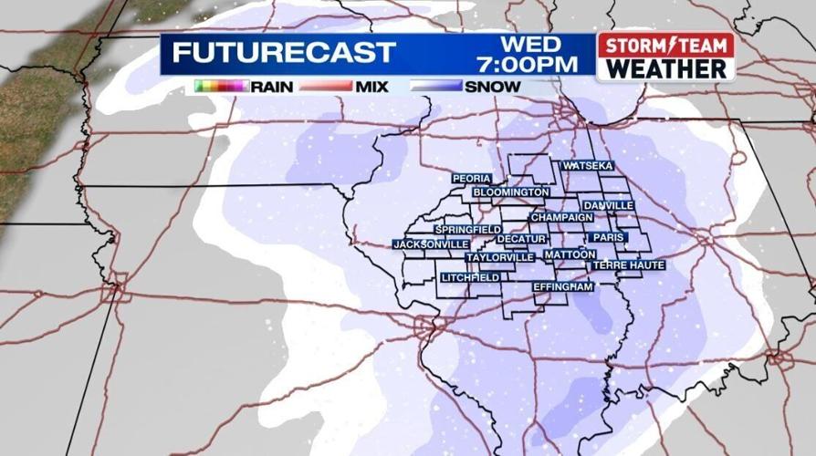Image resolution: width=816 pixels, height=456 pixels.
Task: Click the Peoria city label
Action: click(472, 178)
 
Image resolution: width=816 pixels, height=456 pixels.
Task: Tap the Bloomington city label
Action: click(511, 192)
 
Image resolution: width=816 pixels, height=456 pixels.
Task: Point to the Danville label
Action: click(608, 205)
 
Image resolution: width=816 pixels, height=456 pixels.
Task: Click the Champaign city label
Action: click(561, 218)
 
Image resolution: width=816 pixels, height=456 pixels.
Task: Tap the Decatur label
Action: click(521, 239)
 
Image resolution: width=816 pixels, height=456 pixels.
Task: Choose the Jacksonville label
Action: click(431, 244)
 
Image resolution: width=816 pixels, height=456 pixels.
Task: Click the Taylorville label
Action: click(499, 257)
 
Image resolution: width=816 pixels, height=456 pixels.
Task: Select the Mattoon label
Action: click(570, 254)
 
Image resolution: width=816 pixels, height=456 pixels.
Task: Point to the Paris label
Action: click(608, 237)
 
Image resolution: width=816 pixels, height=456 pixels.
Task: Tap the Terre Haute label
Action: click(629, 264)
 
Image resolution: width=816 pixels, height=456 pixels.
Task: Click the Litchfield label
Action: click(470, 276)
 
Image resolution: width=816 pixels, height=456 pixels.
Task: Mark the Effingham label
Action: click(563, 286)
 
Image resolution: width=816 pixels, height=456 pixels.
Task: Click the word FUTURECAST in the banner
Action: click(284, 53)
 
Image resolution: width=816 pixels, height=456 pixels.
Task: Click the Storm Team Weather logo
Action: click(665, 57)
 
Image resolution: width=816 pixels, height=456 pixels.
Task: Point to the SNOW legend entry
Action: click(493, 87)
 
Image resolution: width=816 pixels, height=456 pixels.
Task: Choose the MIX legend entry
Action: click(372, 87)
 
